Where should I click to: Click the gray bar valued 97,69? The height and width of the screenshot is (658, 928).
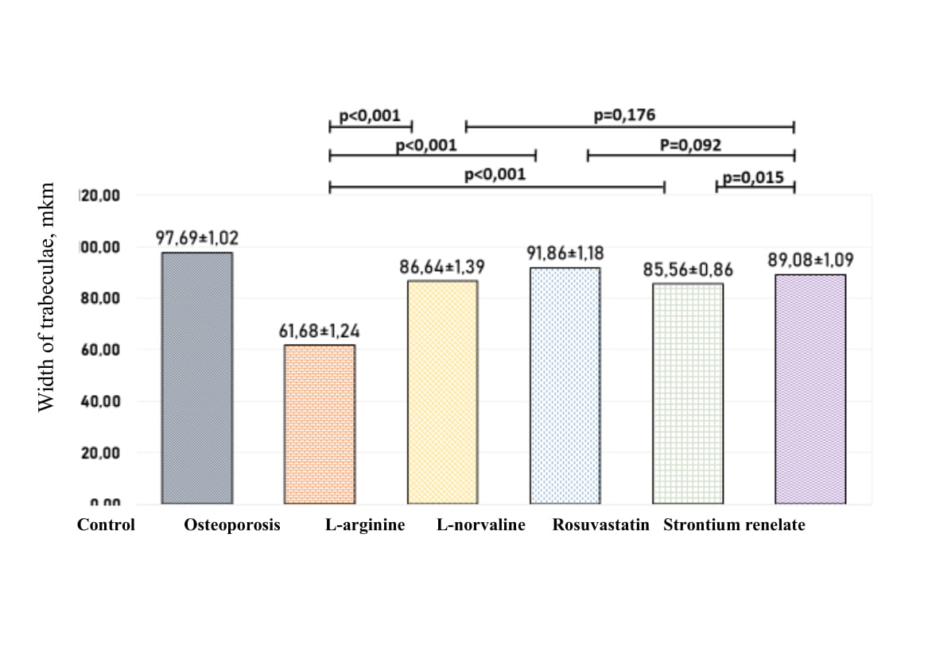pos(197,377)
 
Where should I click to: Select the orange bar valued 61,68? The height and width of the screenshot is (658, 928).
pos(320,424)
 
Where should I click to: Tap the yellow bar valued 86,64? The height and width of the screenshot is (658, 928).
pos(442,392)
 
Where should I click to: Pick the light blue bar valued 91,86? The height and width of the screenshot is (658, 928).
pos(565,385)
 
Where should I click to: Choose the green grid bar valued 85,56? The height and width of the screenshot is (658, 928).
pos(688,393)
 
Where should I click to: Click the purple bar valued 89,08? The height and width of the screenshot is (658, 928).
pos(810,389)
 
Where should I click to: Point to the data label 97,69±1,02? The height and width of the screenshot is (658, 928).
pos(196,238)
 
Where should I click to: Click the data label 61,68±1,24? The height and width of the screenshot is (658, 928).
pos(319,330)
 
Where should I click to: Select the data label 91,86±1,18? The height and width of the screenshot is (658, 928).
pos(565,254)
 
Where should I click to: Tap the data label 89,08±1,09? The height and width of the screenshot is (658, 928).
pos(810,260)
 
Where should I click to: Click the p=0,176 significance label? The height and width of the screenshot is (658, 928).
pos(624,115)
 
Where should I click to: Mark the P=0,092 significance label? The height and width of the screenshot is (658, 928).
pos(689,145)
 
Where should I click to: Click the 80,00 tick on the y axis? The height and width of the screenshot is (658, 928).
pos(99,298)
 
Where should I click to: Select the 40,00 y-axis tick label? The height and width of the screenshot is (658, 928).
pos(99,401)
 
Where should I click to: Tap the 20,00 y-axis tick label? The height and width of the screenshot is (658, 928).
pos(99,453)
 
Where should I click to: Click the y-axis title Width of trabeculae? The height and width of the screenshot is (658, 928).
pos(46,296)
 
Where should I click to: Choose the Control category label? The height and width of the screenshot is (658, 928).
pos(106,525)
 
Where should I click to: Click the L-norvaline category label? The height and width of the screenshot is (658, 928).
pos(481,525)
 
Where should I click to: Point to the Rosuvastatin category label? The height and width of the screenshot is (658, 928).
pos(600,525)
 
